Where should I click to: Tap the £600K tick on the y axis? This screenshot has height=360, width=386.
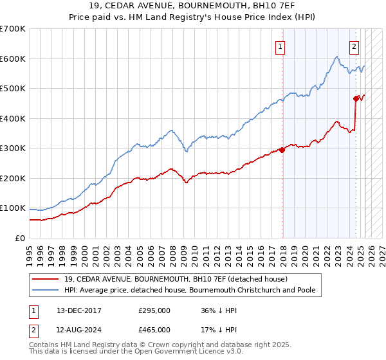pyautogui.click(x=13, y=59)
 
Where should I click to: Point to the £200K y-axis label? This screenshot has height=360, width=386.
pyautogui.click(x=13, y=178)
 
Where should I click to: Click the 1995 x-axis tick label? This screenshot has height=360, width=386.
pyautogui.click(x=30, y=249)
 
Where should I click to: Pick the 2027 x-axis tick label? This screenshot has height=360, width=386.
pyautogui.click(x=383, y=249)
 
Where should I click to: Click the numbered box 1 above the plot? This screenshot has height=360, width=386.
pyautogui.click(x=281, y=46)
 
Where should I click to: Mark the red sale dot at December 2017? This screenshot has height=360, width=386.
pyautogui.click(x=282, y=150)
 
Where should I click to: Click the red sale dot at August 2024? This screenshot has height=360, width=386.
pyautogui.click(x=356, y=99)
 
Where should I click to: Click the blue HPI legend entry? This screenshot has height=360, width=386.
pyautogui.click(x=190, y=290)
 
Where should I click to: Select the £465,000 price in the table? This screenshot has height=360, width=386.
pyautogui.click(x=154, y=329)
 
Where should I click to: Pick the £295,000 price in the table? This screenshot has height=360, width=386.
pyautogui.click(x=154, y=311)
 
